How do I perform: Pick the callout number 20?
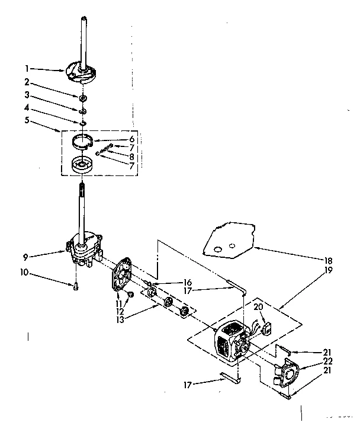258,306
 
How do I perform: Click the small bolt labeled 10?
76,288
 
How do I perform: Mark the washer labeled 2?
83,97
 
